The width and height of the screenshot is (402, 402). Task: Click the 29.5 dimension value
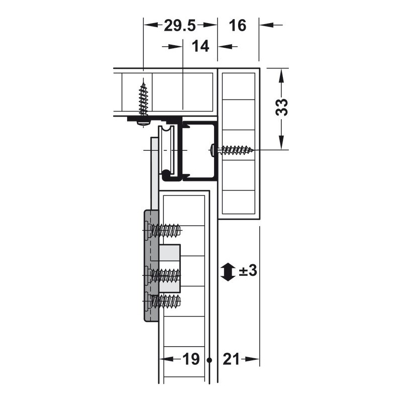coord(180,26)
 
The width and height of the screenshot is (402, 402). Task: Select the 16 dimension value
coord(238,26)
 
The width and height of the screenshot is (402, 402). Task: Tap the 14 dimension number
coord(200,46)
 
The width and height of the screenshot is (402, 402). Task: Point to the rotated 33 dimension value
coord(281,107)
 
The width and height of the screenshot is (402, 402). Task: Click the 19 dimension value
coord(191,359)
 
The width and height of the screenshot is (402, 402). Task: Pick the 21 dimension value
coord(231,359)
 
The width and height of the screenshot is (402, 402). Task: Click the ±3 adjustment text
coord(248,271)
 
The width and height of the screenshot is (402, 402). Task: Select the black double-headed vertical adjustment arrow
coord(228,272)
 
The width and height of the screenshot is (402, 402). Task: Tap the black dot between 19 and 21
coord(210,360)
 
